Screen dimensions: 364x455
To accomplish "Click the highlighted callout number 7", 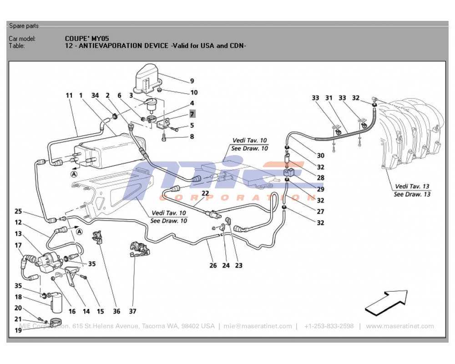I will [192, 114].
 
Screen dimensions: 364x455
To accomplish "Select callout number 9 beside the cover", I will [192, 81].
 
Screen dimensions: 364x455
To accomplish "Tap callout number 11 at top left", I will [69, 96].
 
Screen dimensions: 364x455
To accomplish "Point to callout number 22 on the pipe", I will [205, 194].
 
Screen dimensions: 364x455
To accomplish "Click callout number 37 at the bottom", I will [132, 312].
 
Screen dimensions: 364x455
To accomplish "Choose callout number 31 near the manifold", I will [329, 98].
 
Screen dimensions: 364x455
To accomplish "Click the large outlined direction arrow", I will [387, 302].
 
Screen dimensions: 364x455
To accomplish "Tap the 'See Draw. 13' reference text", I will [412, 194].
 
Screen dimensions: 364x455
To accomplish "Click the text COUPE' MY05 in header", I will [87, 39].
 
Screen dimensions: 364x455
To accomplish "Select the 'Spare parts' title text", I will [24, 26].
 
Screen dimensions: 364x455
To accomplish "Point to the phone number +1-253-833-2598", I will [329, 326].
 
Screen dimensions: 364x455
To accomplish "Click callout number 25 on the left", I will [18, 211].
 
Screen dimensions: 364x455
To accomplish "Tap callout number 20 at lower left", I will [18, 308].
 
